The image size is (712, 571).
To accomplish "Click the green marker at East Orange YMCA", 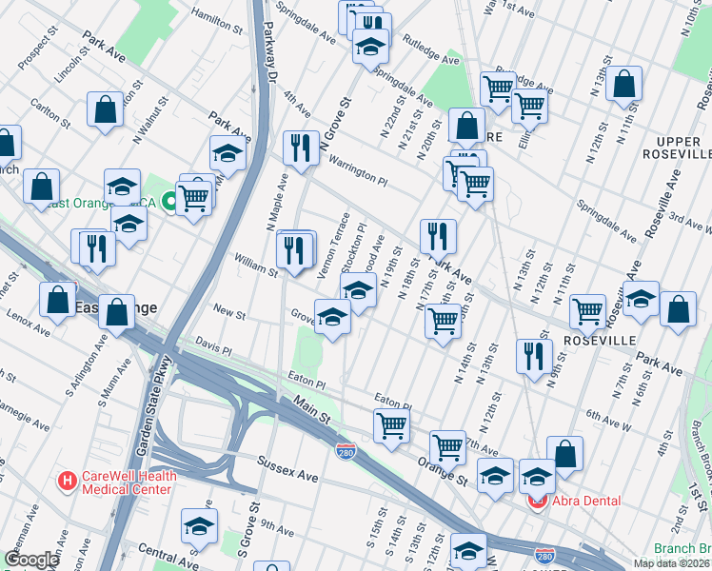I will (x=168, y=201).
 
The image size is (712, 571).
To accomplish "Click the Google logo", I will (x=31, y=561).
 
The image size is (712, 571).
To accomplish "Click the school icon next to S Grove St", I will (x=199, y=523).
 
